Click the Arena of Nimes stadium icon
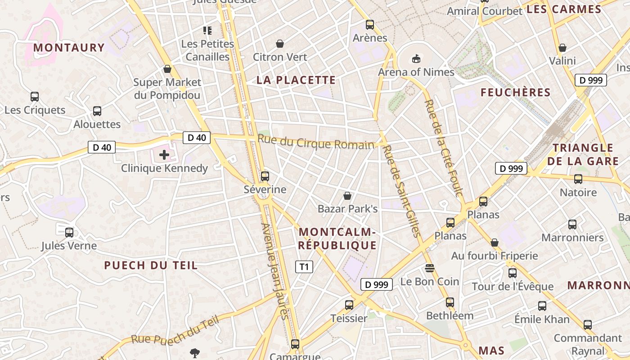coord(416,59)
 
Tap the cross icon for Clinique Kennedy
coord(164,155)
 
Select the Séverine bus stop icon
coord(265,176)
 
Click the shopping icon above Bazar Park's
coord(347,196)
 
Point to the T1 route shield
coord(304,267)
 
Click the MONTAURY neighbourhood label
coord(69,48)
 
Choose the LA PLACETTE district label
coord(296,80)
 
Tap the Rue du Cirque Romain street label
coord(316,142)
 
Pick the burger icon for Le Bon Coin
coord(430,269)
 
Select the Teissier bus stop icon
coord(349,305)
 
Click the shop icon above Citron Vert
coord(280,44)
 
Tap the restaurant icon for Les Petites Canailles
coord(207,31)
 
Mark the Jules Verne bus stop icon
coord(69,233)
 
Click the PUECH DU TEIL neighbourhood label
coord(151,265)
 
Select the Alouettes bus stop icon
coord(97,111)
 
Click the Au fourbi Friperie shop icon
coord(495,243)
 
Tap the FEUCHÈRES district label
coord(516,93)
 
